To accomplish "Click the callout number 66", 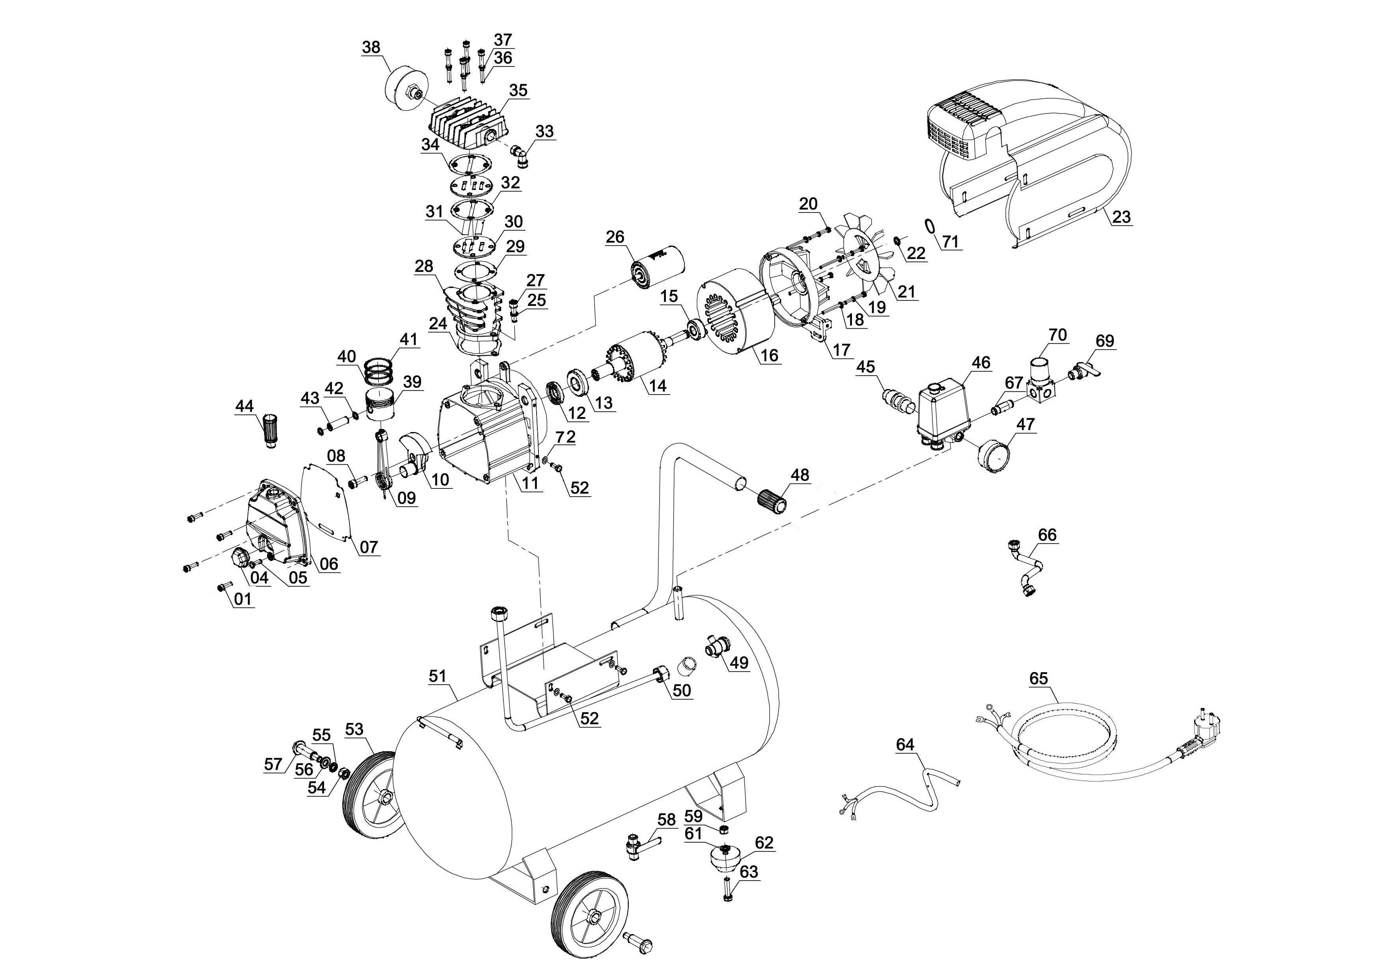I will [x=1048, y=535].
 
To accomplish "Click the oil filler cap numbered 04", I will [x=239, y=558].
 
